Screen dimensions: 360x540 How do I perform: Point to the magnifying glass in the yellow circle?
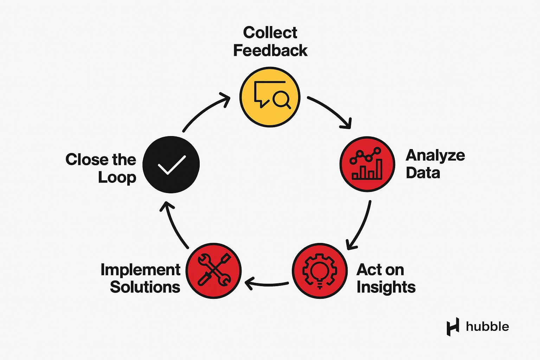coord(282,99)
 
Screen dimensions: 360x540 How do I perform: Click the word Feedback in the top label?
coord(270,51)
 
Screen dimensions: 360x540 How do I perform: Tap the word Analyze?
coord(435,156)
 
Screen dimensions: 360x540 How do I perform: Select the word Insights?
coord(386,288)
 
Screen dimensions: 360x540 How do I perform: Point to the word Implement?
coord(140,270)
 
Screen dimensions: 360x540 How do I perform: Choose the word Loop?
coord(117,178)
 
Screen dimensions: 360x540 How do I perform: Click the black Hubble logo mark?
coord(453,327)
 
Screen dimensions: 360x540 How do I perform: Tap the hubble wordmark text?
coord(487,327)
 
